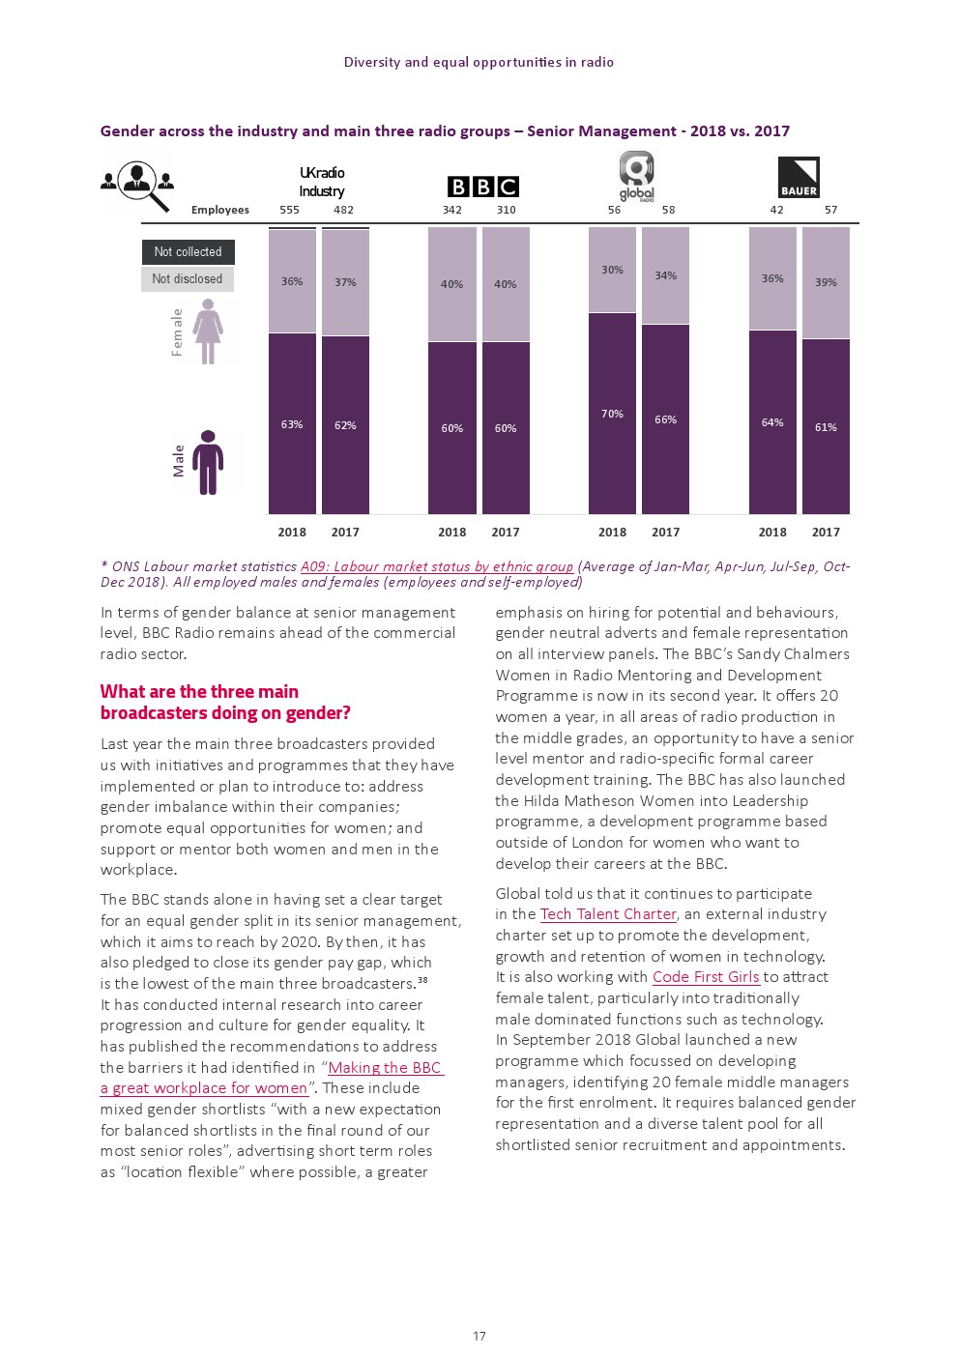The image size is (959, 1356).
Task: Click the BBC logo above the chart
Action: (x=482, y=187)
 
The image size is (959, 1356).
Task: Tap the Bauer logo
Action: (x=799, y=177)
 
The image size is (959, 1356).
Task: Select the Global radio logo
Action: (x=636, y=176)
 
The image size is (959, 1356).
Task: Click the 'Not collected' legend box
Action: (x=188, y=252)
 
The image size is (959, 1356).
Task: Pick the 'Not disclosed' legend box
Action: (x=188, y=279)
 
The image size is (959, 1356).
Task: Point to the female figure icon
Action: (x=208, y=332)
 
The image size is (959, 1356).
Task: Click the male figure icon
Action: (x=208, y=463)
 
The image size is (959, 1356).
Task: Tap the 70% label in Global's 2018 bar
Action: (x=612, y=414)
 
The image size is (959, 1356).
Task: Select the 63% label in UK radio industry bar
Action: (x=292, y=424)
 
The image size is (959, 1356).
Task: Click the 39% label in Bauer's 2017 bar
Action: (x=826, y=282)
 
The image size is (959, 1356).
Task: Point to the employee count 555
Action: (x=289, y=210)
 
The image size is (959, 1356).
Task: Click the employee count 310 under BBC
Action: (x=506, y=210)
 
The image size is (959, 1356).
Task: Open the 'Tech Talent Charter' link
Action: (x=608, y=914)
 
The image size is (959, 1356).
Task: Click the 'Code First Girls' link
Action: (x=706, y=977)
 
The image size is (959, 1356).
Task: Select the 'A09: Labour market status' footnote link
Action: (x=437, y=566)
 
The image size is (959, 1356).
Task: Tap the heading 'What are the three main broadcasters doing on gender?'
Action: (x=224, y=702)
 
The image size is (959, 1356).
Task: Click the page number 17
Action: (x=479, y=1336)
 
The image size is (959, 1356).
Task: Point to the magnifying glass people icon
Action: (x=138, y=184)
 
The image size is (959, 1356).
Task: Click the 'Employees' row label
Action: (x=219, y=210)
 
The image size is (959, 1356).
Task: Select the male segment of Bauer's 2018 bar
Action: (x=772, y=422)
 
